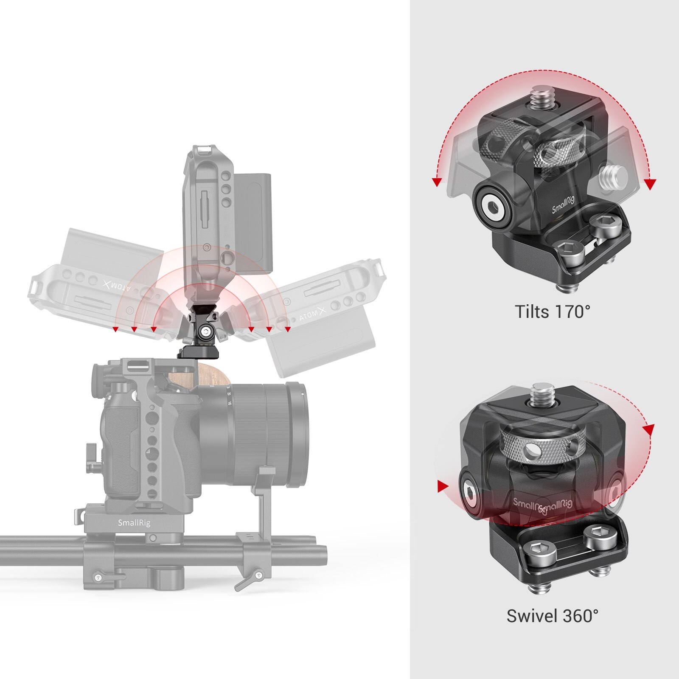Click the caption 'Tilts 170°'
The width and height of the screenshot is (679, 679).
(x=552, y=312)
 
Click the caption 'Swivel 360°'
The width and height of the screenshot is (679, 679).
(x=552, y=616)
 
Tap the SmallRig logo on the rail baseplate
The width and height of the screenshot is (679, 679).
(x=134, y=523)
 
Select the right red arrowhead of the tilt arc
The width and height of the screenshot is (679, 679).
(x=650, y=184)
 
